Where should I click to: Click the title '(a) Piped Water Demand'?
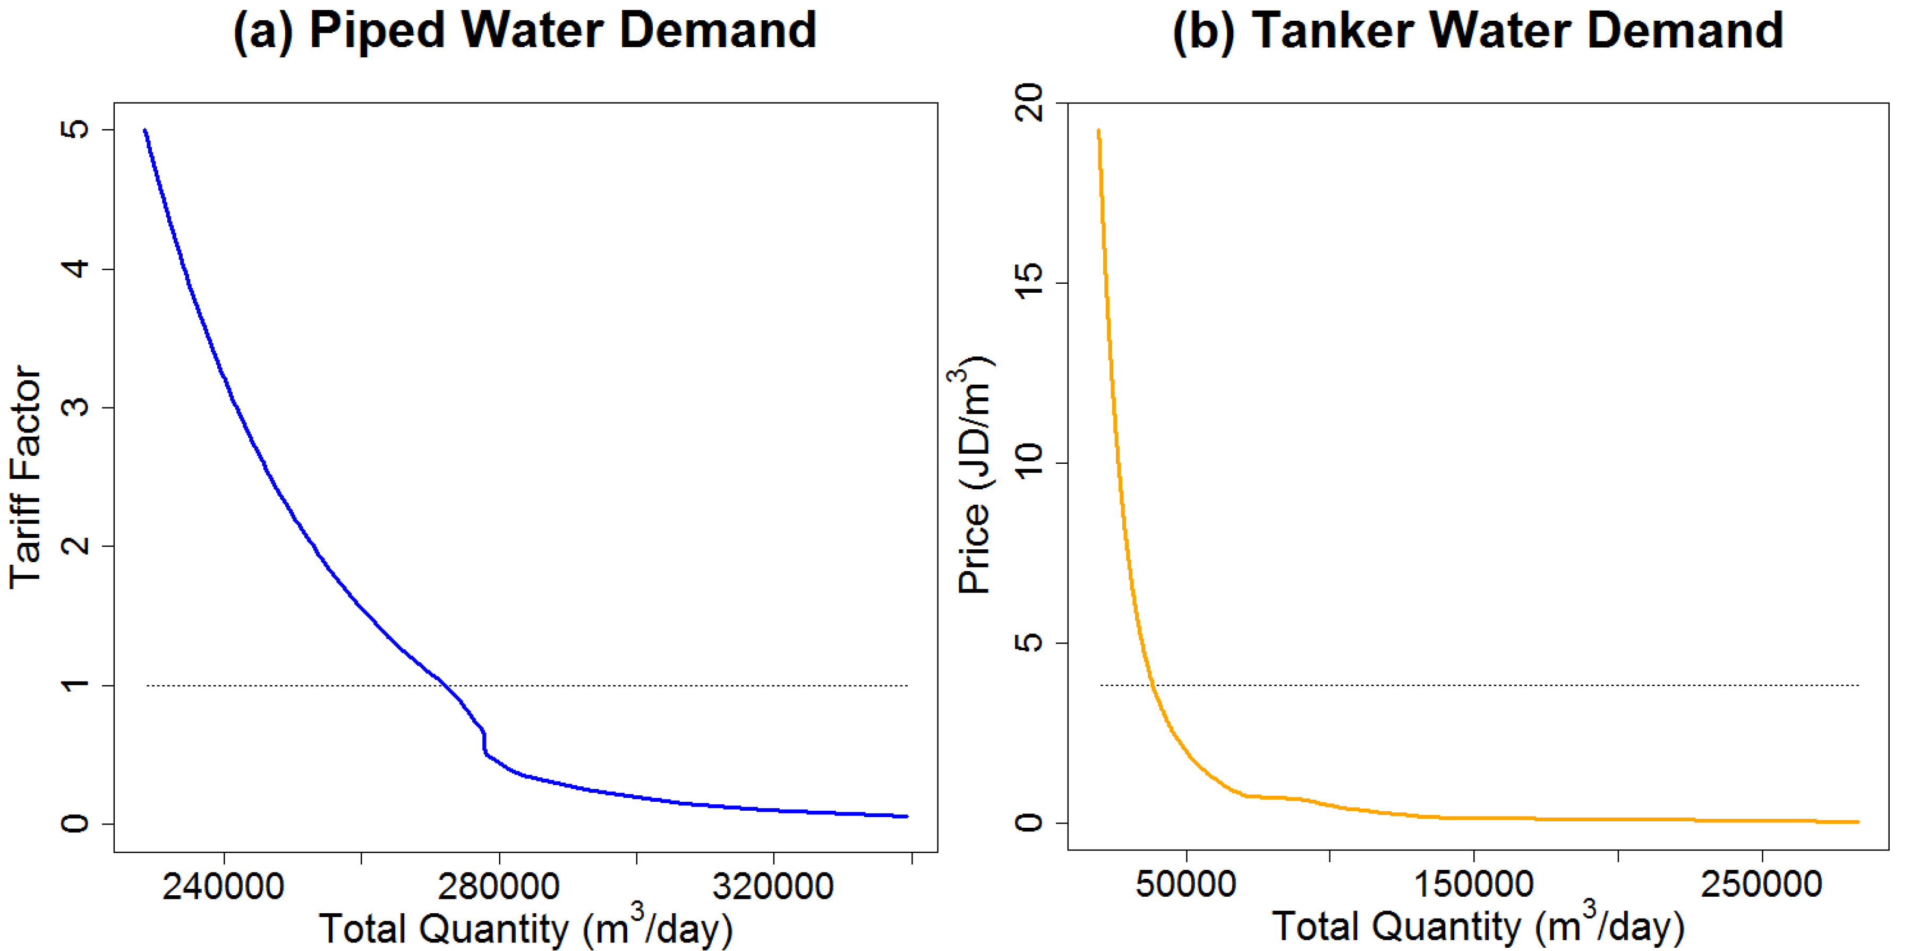524,31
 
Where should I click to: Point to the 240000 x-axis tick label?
223,887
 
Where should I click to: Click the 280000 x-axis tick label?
499,887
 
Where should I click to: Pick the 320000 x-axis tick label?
773,887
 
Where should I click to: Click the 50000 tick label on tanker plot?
1185,884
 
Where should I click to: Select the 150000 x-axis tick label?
1473,884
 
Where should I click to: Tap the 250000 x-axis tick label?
1761,884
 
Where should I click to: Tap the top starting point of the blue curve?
146,131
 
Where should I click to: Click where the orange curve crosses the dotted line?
1152,685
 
